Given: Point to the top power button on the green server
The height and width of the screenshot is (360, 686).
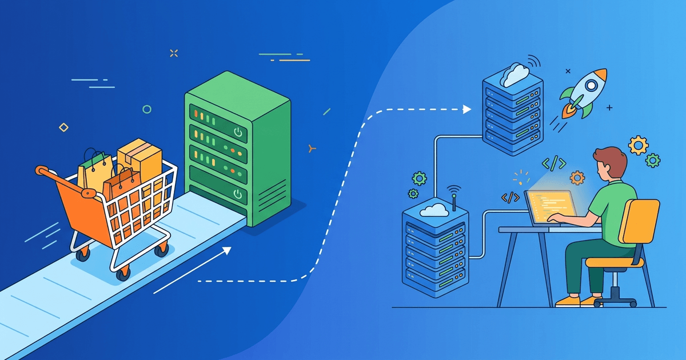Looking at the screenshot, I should [x=238, y=133].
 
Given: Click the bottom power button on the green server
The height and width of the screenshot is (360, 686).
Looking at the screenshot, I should [x=238, y=195].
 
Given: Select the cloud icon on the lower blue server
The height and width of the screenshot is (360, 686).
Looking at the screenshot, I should [x=435, y=210].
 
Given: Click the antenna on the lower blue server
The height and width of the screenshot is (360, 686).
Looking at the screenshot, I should [x=453, y=197].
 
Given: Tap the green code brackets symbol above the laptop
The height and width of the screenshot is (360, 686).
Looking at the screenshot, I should [x=554, y=163].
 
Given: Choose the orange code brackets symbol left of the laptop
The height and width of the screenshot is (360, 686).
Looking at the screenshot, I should [x=510, y=197].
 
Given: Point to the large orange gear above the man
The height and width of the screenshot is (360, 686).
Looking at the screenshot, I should [x=638, y=145].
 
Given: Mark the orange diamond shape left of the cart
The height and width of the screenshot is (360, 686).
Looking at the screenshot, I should [x=63, y=127].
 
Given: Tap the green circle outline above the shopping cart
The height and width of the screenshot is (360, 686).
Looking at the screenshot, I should [x=147, y=109].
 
